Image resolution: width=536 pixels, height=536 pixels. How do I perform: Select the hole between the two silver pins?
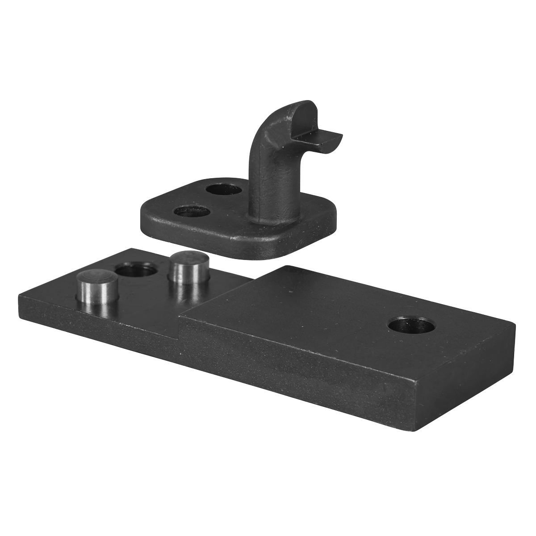pos(136,271)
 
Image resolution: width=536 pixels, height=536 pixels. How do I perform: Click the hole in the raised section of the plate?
pos(411,326)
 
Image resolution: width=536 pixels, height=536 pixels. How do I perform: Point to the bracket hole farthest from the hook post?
pos(191,211)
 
